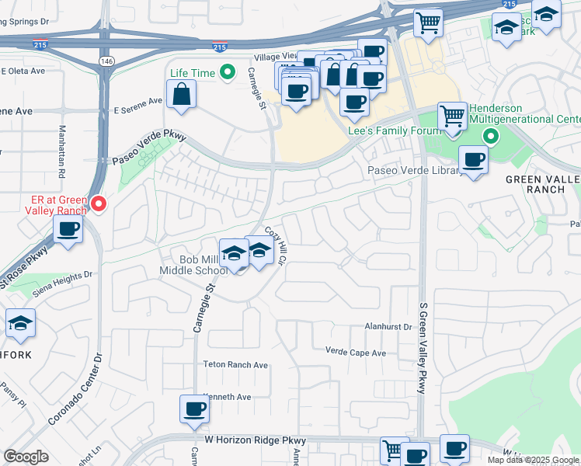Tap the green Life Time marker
click(x=227, y=73)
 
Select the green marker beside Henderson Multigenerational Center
click(x=490, y=137)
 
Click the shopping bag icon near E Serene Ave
click(x=181, y=96)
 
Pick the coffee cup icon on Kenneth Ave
click(x=194, y=409)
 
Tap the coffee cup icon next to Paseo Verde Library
click(x=473, y=160)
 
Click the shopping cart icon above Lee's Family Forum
click(x=451, y=117)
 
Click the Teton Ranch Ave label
click(x=235, y=365)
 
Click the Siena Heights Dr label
click(x=61, y=279)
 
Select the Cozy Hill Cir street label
click(x=276, y=242)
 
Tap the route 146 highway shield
click(x=104, y=60)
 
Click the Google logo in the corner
click(x=26, y=457)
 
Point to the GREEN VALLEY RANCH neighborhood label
click(x=543, y=184)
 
